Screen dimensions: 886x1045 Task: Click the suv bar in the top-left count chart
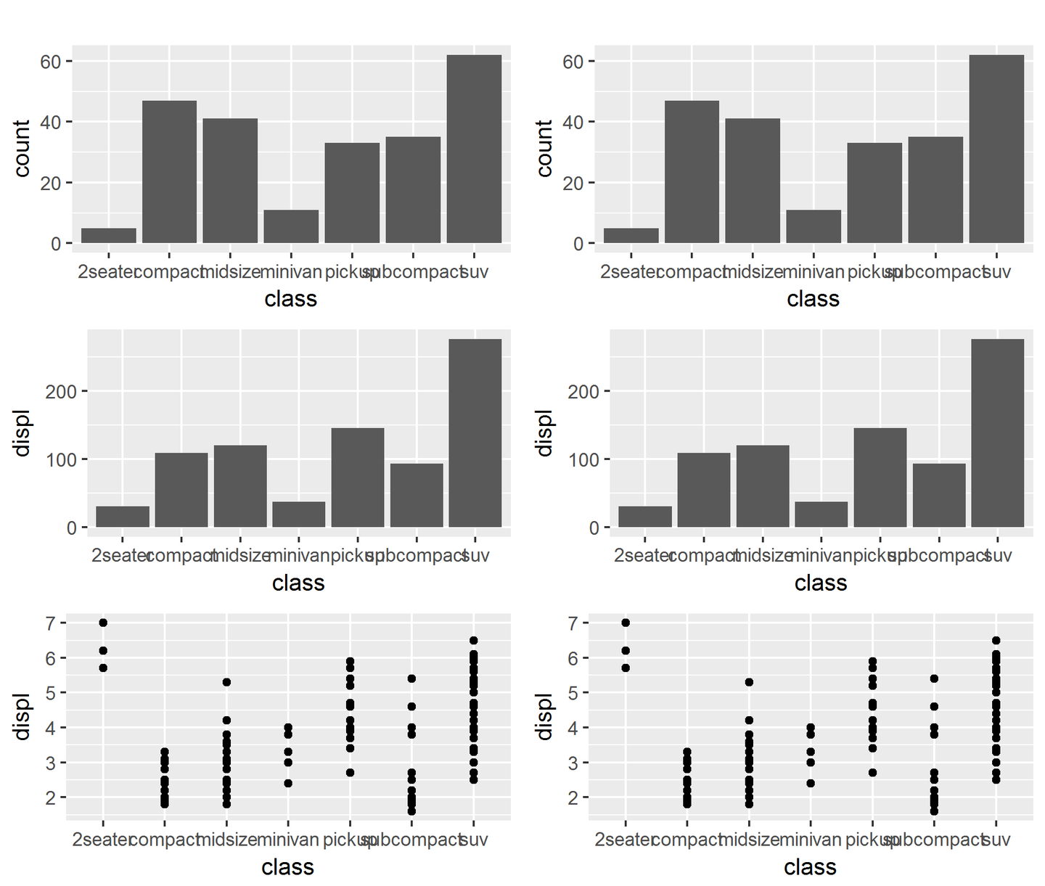(474, 149)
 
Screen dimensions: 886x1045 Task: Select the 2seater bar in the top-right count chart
(631, 236)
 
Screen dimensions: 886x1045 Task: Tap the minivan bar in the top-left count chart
(291, 226)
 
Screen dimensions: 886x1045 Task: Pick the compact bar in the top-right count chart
(692, 172)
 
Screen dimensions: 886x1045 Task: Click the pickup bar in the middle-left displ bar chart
(358, 477)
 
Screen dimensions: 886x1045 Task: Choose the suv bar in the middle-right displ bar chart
(997, 433)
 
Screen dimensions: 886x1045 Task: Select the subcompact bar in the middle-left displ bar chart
(417, 495)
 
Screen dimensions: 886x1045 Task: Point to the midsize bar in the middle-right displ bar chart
(763, 486)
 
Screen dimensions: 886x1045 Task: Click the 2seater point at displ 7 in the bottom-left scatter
(103, 623)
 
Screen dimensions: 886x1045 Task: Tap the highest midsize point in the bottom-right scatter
(749, 682)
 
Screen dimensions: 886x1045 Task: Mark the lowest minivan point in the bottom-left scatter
(288, 783)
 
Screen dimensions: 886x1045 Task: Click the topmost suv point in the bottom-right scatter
(996, 641)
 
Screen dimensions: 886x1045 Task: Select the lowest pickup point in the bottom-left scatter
(350, 773)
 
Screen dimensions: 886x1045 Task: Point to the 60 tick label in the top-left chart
(51, 62)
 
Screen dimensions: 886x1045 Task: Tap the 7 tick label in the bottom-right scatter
(573, 623)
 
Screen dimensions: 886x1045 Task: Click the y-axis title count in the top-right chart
(544, 148)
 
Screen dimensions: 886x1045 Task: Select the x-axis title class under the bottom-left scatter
(288, 867)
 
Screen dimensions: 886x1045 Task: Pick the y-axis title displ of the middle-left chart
(22, 433)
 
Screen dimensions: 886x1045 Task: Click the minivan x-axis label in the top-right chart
(814, 272)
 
